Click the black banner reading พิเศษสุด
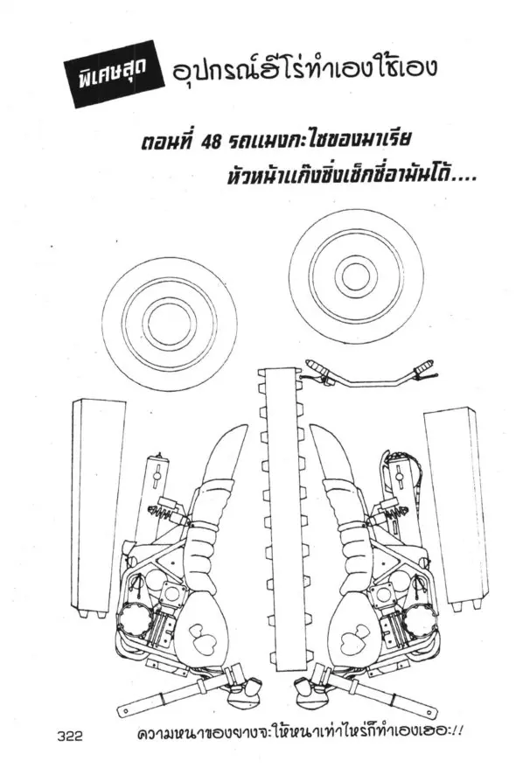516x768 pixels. pos(115,74)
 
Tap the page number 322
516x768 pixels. pos(70,737)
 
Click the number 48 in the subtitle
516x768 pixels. pos(212,142)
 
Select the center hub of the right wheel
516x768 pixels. pos(356,276)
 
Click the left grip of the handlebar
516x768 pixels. pos(318,367)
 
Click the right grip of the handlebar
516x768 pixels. pos(424,367)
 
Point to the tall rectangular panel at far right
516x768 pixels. pos(456,509)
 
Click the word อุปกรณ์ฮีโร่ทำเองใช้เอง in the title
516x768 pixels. pos(303,68)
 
